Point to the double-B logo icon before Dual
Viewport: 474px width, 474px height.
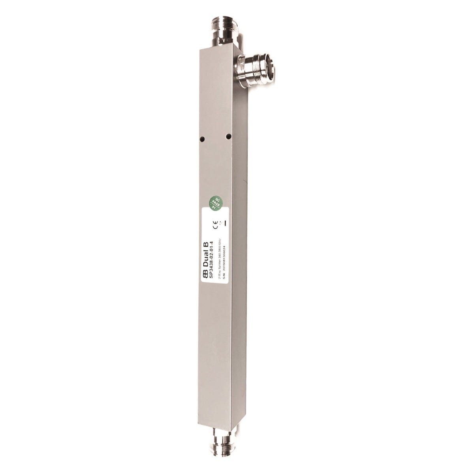tap(206, 275)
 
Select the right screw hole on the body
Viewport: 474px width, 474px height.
tap(228, 136)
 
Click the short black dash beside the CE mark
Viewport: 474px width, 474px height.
tap(224, 224)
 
